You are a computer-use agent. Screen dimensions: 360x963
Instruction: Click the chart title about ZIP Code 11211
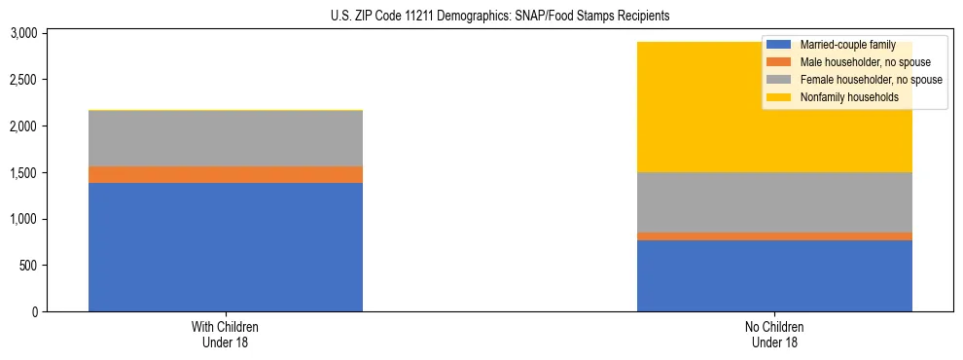[481, 17]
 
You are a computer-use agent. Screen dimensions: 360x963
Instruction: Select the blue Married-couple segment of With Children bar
[226, 247]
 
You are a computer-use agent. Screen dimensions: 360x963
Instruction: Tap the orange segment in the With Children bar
[226, 174]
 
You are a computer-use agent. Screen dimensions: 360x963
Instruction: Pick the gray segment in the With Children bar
[226, 138]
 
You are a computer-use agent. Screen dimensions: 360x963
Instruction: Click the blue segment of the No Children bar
[774, 275]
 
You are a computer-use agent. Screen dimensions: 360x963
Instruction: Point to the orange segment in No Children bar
[774, 236]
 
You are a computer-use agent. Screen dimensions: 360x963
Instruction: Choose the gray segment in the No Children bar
[774, 202]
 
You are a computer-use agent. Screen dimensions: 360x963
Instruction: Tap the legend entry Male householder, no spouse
[851, 62]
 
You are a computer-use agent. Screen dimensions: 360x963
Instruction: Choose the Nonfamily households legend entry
[841, 97]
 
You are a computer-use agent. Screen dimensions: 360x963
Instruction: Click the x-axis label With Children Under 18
[226, 334]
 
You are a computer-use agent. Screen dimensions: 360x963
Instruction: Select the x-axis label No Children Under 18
[774, 334]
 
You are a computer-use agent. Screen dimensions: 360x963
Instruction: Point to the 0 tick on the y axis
[34, 312]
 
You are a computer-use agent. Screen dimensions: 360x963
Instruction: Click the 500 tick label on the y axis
[28, 266]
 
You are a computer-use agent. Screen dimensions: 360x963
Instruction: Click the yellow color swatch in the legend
[779, 97]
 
